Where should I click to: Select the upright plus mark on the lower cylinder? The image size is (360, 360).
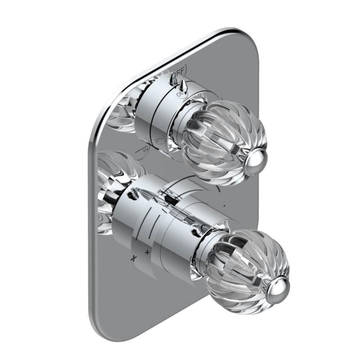[x=147, y=252]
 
